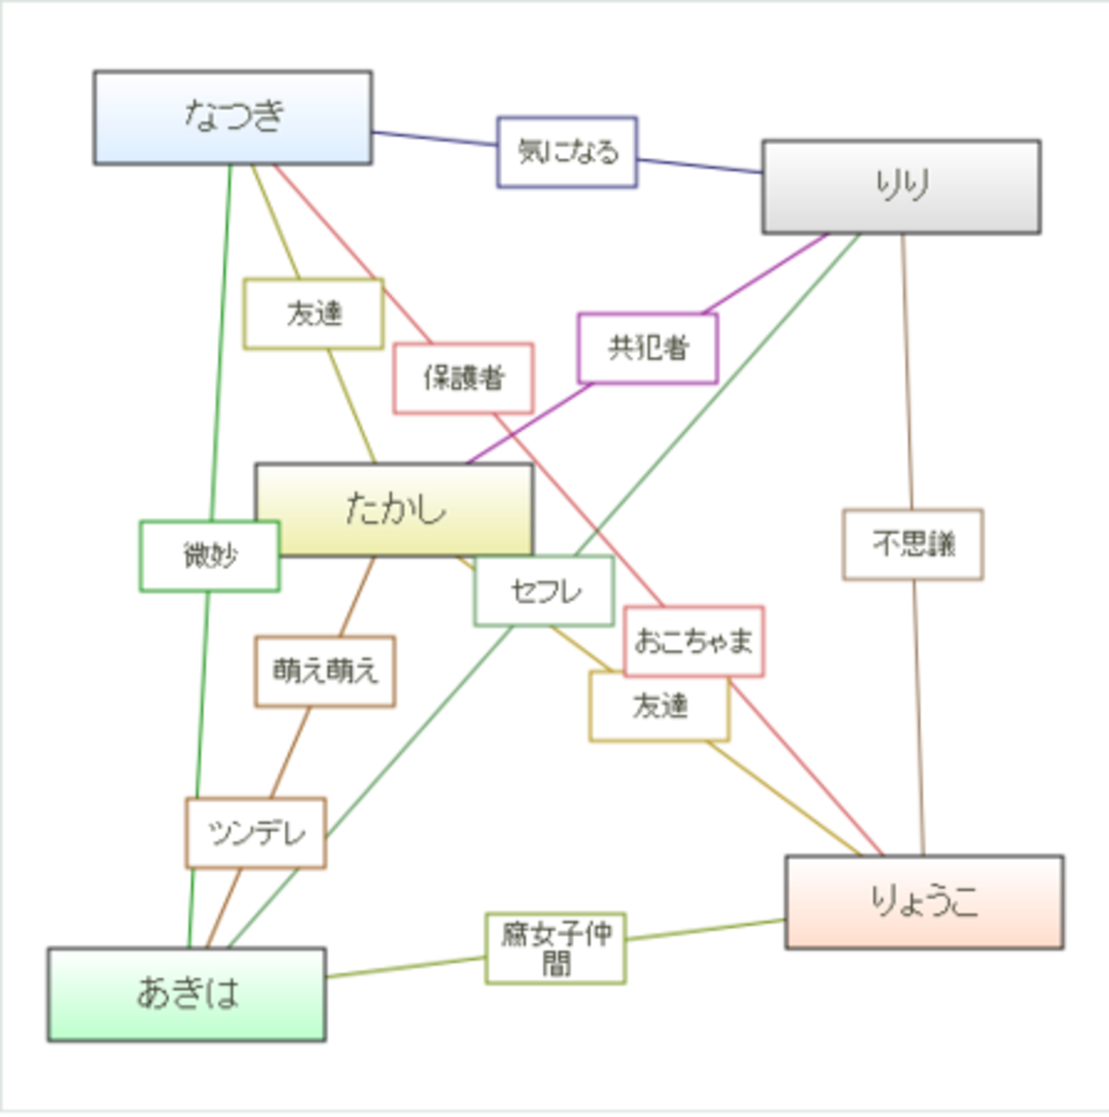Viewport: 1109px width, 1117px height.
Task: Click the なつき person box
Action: pyautogui.click(x=233, y=118)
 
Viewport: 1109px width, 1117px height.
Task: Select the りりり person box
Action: pyautogui.click(x=901, y=187)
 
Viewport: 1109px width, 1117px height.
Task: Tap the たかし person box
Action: pyautogui.click(x=394, y=510)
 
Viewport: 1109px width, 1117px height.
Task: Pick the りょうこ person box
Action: pyautogui.click(x=924, y=902)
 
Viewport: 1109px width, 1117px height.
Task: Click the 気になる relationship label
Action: pyautogui.click(x=567, y=153)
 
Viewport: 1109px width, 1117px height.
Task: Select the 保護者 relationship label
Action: pyautogui.click(x=463, y=379)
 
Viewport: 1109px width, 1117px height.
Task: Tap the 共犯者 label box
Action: pyautogui.click(x=647, y=348)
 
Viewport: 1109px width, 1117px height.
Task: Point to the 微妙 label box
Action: pyautogui.click(x=209, y=556)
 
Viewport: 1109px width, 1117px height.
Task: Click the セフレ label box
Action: pyautogui.click(x=543, y=590)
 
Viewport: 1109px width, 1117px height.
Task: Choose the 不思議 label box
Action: pyautogui.click(x=913, y=544)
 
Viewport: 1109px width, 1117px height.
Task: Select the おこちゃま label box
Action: pyautogui.click(x=694, y=642)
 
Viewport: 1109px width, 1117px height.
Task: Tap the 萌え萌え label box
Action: pyautogui.click(x=325, y=672)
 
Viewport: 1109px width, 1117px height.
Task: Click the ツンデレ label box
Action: pyautogui.click(x=256, y=833)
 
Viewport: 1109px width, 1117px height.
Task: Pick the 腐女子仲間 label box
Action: pyautogui.click(x=555, y=948)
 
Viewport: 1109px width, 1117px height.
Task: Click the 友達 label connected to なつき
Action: pyautogui.click(x=313, y=313)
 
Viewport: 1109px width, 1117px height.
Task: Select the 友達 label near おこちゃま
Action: pyautogui.click(x=659, y=707)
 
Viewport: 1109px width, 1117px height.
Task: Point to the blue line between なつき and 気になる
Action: pyautogui.click(x=434, y=138)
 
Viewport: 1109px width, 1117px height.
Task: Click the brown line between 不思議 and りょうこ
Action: pyautogui.click(x=919, y=718)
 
